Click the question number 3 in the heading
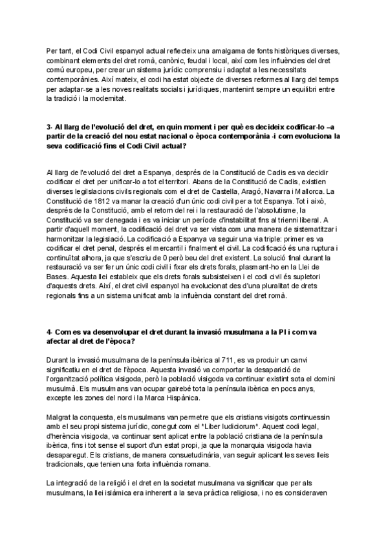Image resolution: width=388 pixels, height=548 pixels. (48, 127)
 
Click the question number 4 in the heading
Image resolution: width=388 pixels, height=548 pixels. (48, 332)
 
